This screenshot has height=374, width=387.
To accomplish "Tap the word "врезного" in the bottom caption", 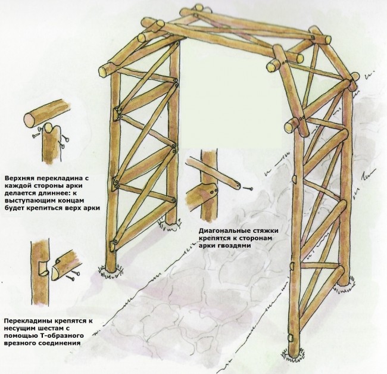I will click(21, 344).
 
